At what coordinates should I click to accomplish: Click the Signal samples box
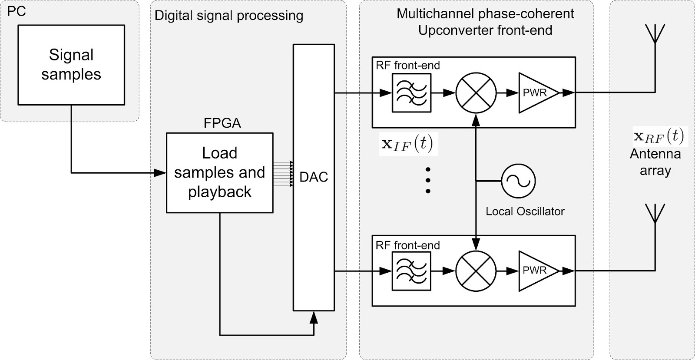click(71, 65)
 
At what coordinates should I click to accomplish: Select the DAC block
click(314, 177)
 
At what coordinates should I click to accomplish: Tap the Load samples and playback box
click(220, 172)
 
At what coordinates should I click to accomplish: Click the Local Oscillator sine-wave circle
click(518, 181)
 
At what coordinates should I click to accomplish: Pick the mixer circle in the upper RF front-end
click(476, 92)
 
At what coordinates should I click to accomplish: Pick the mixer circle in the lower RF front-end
click(476, 271)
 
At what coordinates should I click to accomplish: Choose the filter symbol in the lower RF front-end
click(411, 271)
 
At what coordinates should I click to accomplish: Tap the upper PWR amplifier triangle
click(537, 92)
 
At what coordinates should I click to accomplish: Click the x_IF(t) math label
click(407, 144)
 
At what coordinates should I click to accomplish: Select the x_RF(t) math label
click(659, 136)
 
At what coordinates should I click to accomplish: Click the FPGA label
click(222, 123)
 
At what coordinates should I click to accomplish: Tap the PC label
click(17, 11)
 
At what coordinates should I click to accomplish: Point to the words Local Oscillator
click(525, 211)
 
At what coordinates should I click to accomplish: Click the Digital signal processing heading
click(229, 16)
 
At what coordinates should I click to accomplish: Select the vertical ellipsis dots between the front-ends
click(428, 180)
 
